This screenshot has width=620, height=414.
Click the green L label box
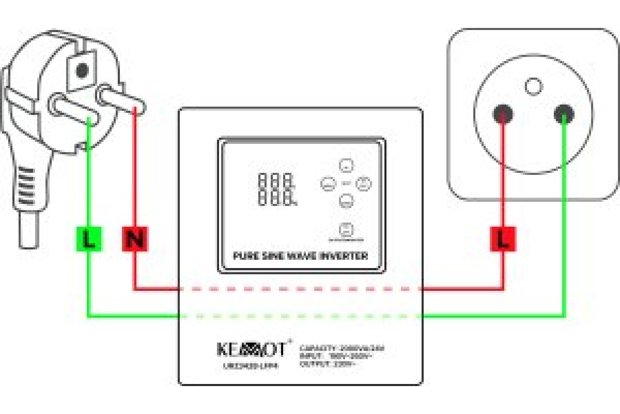pyautogui.click(x=89, y=239)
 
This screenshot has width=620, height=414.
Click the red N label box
pyautogui.click(x=135, y=239)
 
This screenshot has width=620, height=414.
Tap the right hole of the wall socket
pyautogui.click(x=564, y=113)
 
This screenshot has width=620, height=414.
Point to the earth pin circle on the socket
pyautogui.click(x=533, y=85)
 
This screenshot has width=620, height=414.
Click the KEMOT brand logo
pyautogui.click(x=251, y=349)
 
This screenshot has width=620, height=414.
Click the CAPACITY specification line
pyautogui.click(x=342, y=348)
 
